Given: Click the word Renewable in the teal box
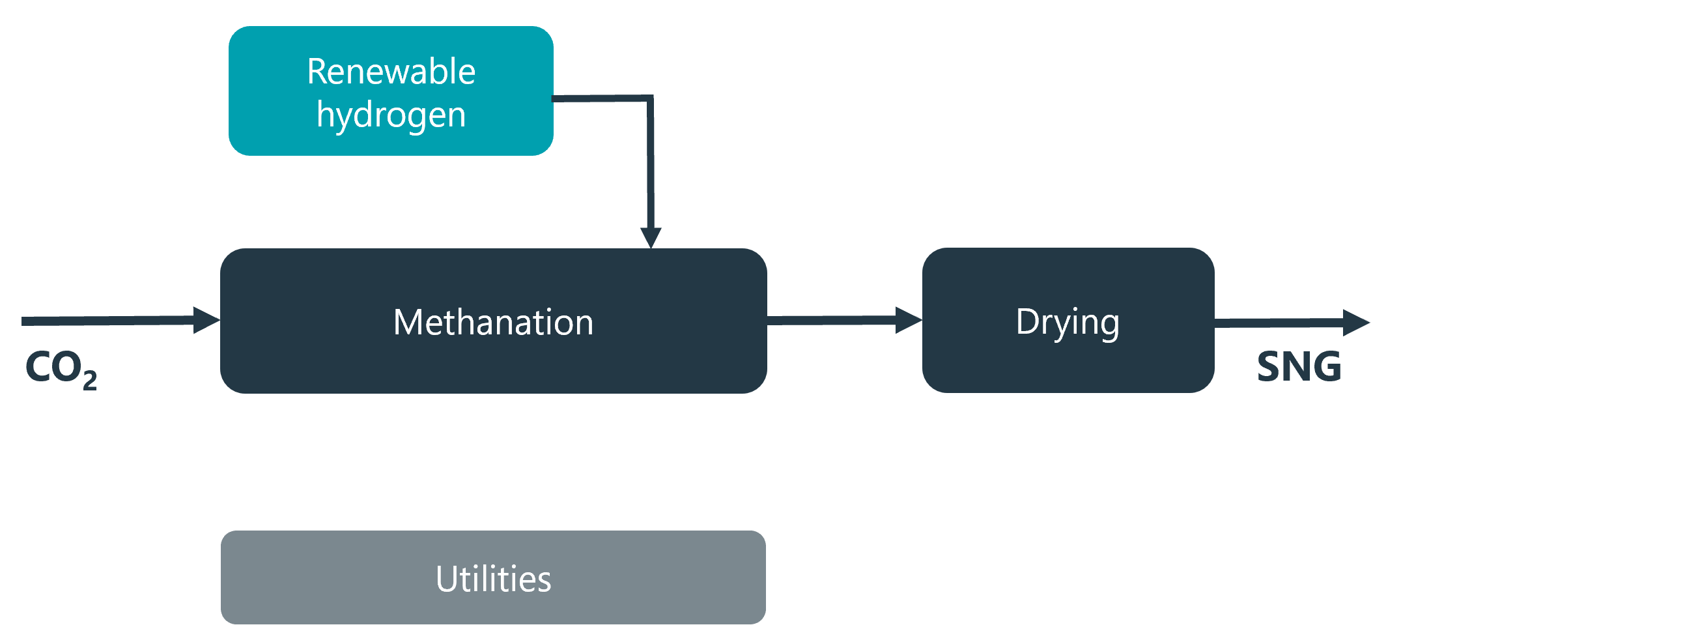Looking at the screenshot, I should [391, 71].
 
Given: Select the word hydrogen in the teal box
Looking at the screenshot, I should [391, 115].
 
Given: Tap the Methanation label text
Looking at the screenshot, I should [493, 322].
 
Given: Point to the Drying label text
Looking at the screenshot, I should [1068, 322].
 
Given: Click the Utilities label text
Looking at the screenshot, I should [493, 579].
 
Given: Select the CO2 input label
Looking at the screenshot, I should [60, 368].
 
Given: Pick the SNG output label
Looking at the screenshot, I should [1299, 366].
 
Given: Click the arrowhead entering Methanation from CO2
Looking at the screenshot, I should [207, 320].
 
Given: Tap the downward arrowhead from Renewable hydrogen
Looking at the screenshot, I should [651, 237].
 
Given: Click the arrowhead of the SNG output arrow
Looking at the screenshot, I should [1356, 322].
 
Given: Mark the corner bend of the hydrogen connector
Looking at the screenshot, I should [651, 100].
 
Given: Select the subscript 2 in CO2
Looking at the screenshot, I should [90, 379].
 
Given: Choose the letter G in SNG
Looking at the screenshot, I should [1327, 366].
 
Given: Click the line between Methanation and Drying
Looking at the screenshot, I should [830, 320].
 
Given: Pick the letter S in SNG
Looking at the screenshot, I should [1269, 366].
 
